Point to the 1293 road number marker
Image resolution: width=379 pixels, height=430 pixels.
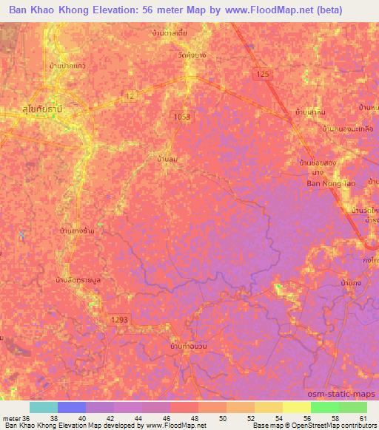(x=119, y=318)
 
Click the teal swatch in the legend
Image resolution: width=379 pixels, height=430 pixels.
(x=44, y=407)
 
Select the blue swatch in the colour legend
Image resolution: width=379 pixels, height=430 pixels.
(x=72, y=407)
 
